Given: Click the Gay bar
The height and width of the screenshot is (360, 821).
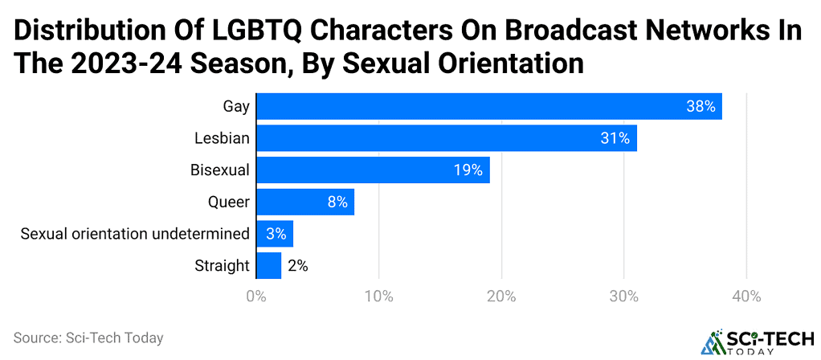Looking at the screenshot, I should click(488, 106).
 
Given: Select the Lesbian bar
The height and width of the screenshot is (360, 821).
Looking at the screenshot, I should click(446, 138).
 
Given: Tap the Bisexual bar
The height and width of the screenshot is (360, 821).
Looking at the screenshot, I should click(373, 170).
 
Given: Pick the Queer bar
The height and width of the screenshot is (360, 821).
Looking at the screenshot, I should click(305, 202).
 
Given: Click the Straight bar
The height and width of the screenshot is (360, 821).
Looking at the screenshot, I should click(268, 265).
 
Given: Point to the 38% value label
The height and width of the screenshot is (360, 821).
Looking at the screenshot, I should click(701, 106).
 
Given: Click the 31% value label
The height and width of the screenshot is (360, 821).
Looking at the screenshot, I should click(615, 138).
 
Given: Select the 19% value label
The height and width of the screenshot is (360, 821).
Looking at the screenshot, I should click(468, 170).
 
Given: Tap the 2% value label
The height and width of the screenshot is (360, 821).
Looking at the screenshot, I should click(298, 265).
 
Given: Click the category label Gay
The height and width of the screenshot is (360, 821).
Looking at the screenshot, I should click(236, 106).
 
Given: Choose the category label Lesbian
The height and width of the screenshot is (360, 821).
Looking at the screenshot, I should click(222, 138).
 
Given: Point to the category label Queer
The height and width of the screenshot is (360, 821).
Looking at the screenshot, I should click(229, 202).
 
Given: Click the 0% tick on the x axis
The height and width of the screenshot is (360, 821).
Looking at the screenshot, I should click(256, 297).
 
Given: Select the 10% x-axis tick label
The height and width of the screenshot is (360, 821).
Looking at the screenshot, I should click(378, 297).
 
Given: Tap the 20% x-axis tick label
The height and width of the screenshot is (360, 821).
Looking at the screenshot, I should click(501, 297).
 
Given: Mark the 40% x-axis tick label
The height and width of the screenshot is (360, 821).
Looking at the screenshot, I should click(746, 297).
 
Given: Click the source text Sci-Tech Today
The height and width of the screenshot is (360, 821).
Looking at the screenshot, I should click(88, 337).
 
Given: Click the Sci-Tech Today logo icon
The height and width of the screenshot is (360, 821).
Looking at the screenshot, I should click(712, 342).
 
